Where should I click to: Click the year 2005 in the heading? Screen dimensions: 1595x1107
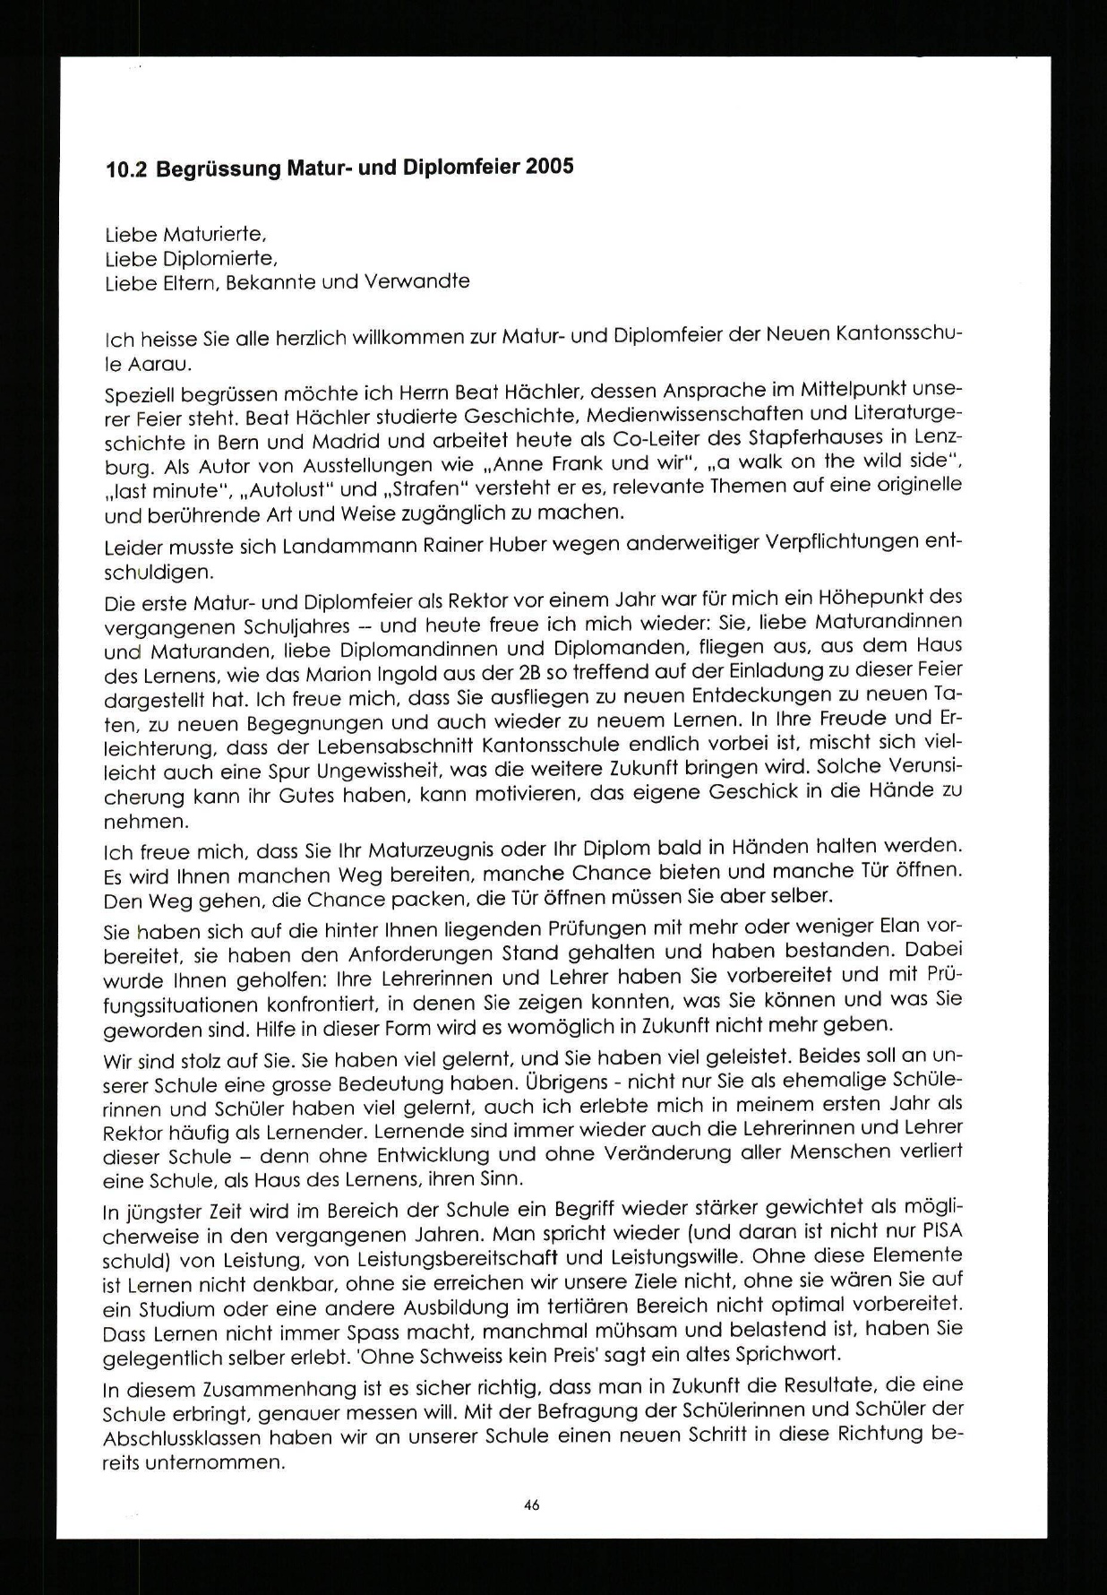tap(550, 168)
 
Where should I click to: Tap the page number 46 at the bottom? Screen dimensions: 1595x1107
tap(532, 1504)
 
